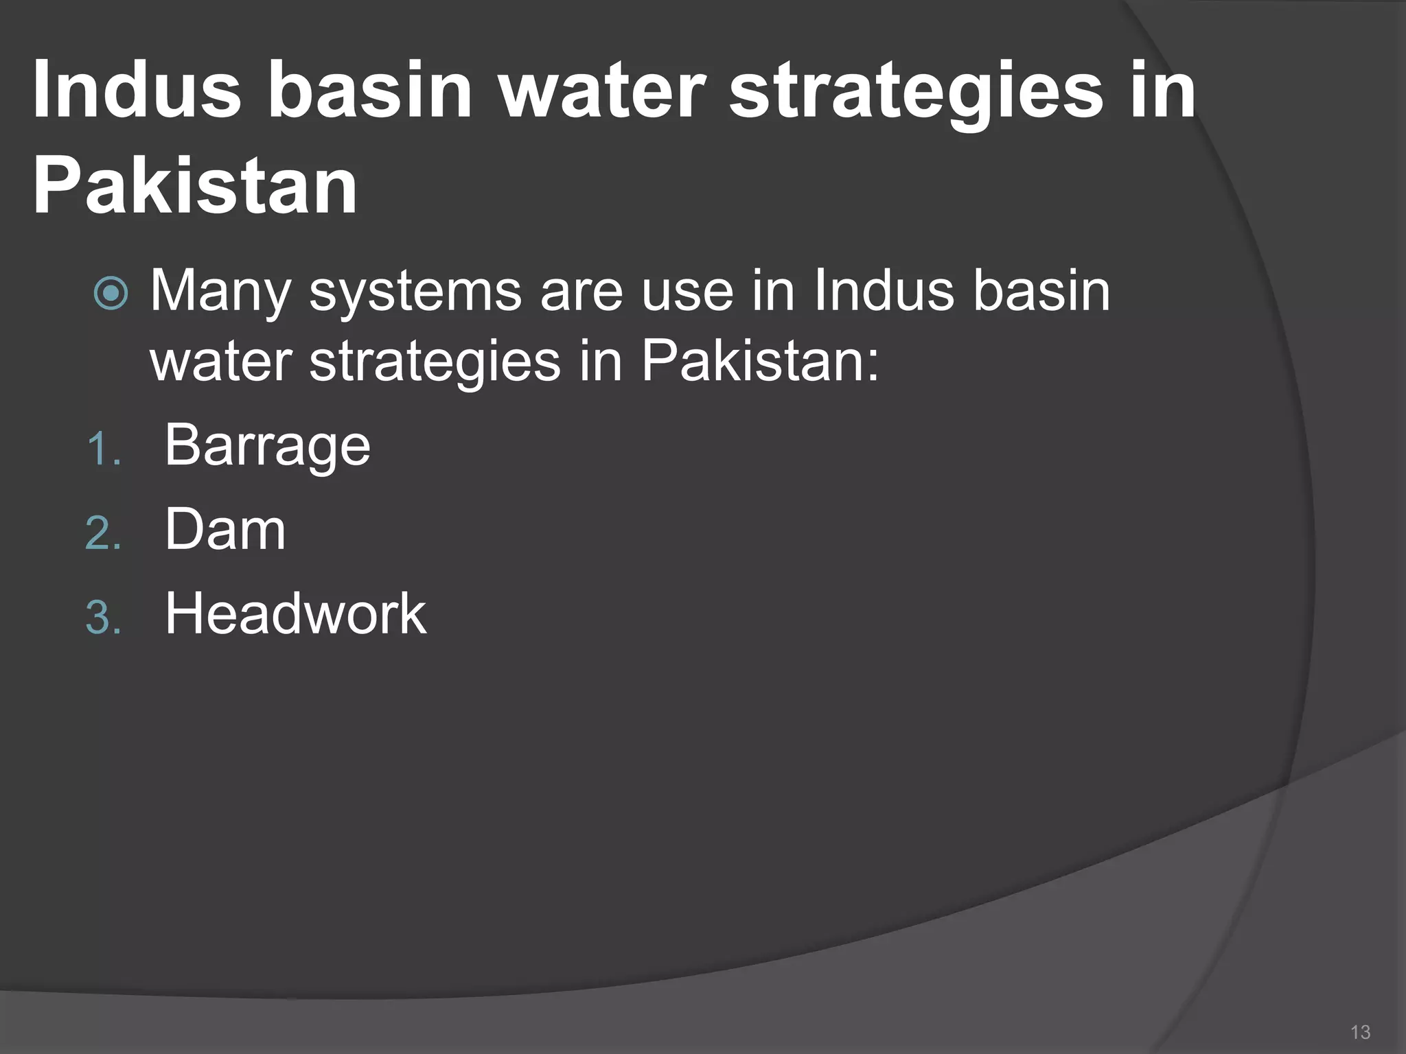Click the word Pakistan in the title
click(195, 186)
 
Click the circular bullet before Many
click(111, 293)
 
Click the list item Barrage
click(267, 446)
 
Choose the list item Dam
click(225, 530)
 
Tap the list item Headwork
click(295, 613)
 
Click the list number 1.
click(103, 450)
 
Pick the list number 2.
click(103, 534)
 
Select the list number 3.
click(103, 618)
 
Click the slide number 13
click(1360, 1032)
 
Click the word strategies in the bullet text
click(435, 362)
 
